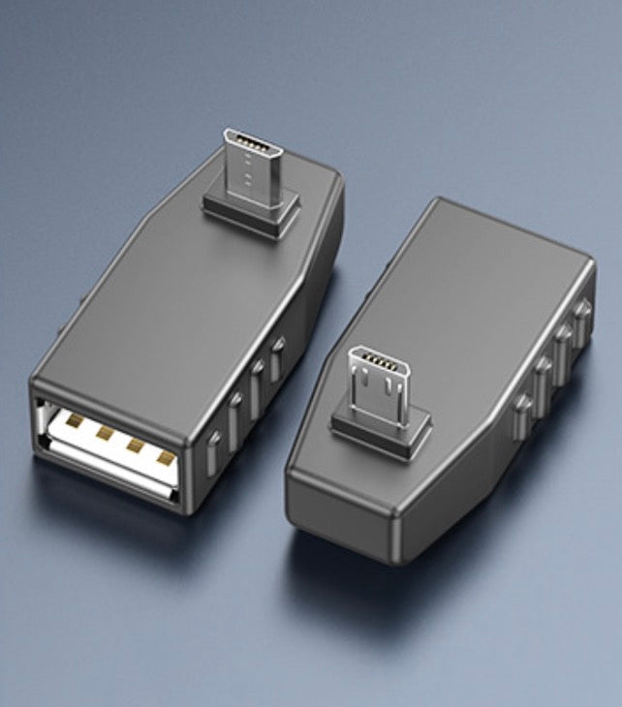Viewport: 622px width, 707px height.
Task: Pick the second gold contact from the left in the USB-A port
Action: click(102, 434)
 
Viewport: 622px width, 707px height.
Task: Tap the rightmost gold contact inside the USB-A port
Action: click(166, 456)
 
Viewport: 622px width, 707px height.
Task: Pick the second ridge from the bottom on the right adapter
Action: click(544, 372)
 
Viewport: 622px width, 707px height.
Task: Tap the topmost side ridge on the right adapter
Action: click(582, 314)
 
